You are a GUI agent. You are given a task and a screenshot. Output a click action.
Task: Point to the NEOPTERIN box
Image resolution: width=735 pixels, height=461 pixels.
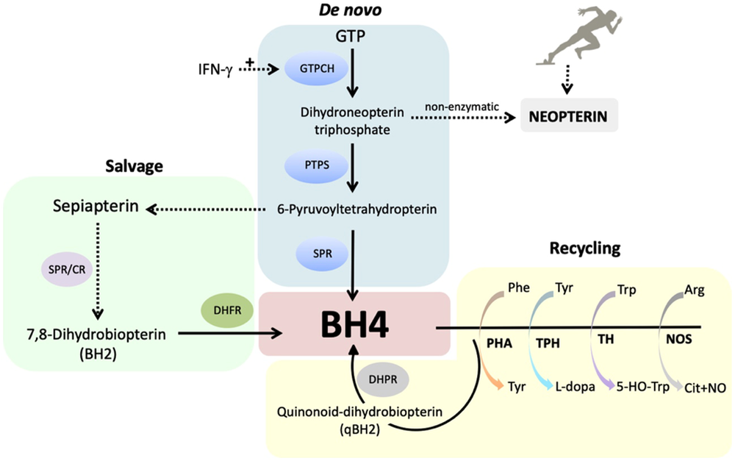[x=569, y=115]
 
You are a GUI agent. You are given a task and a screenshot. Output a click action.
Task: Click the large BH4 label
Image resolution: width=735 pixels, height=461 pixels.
[x=355, y=324]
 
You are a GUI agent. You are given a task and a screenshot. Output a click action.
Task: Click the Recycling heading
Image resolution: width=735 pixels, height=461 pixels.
[x=584, y=249]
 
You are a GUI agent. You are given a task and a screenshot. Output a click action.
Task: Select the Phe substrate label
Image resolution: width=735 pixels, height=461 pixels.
[x=519, y=289]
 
